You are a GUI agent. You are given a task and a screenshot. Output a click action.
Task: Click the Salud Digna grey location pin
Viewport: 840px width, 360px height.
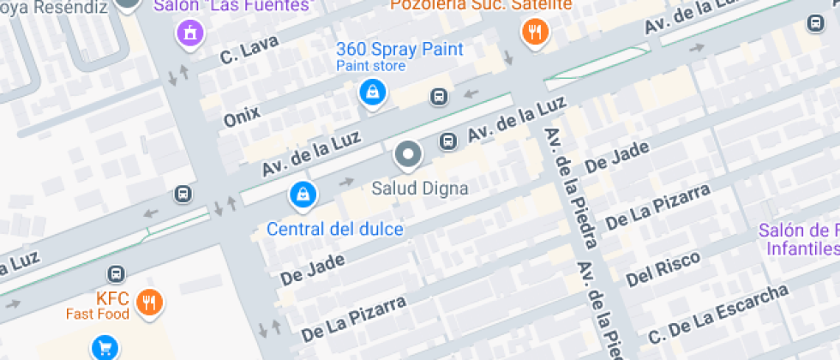(408, 155)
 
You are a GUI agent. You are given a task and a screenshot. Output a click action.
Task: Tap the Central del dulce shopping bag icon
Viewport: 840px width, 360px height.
(301, 195)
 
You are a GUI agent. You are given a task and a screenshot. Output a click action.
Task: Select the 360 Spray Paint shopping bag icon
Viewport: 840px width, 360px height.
(372, 91)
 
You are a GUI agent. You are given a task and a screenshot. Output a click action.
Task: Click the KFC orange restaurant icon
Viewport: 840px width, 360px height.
(151, 301)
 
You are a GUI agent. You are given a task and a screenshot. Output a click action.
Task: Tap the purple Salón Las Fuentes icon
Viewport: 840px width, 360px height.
(189, 33)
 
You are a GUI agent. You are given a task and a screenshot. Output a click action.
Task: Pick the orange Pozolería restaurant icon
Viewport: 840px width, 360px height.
(535, 33)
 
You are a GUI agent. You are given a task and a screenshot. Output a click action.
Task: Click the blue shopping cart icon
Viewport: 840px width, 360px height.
(105, 348)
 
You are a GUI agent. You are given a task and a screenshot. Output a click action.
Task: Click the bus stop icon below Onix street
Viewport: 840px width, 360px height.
(439, 97)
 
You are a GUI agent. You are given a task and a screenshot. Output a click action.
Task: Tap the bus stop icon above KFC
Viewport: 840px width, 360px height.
(116, 274)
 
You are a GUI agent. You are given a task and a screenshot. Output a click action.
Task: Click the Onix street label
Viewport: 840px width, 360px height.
(242, 114)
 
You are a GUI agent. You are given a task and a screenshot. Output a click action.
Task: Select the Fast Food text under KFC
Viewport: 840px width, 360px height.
(98, 314)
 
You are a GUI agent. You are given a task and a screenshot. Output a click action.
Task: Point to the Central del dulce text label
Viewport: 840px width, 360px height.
(335, 230)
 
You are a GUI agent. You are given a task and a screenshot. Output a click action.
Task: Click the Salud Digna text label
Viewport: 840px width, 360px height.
(420, 188)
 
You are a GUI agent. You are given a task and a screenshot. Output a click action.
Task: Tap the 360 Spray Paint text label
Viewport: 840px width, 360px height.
(399, 49)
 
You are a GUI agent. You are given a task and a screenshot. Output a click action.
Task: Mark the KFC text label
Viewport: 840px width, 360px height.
(112, 299)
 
